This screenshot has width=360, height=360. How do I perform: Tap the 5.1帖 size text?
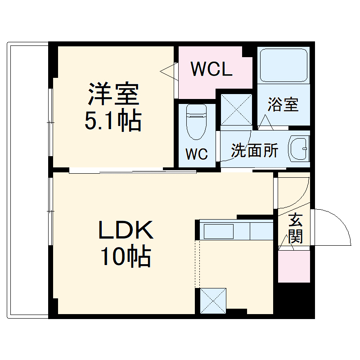pyautogui.click(x=113, y=120)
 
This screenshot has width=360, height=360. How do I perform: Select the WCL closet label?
pyautogui.click(x=211, y=69)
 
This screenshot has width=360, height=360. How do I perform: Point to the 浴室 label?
pyautogui.click(x=283, y=104)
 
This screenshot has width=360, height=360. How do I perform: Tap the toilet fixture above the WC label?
pyautogui.click(x=196, y=121)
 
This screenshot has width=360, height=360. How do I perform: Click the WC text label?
pyautogui.click(x=197, y=154)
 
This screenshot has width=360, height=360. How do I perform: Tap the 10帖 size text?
pyautogui.click(x=125, y=257)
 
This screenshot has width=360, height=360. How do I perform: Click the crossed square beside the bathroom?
pyautogui.click(x=236, y=108)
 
